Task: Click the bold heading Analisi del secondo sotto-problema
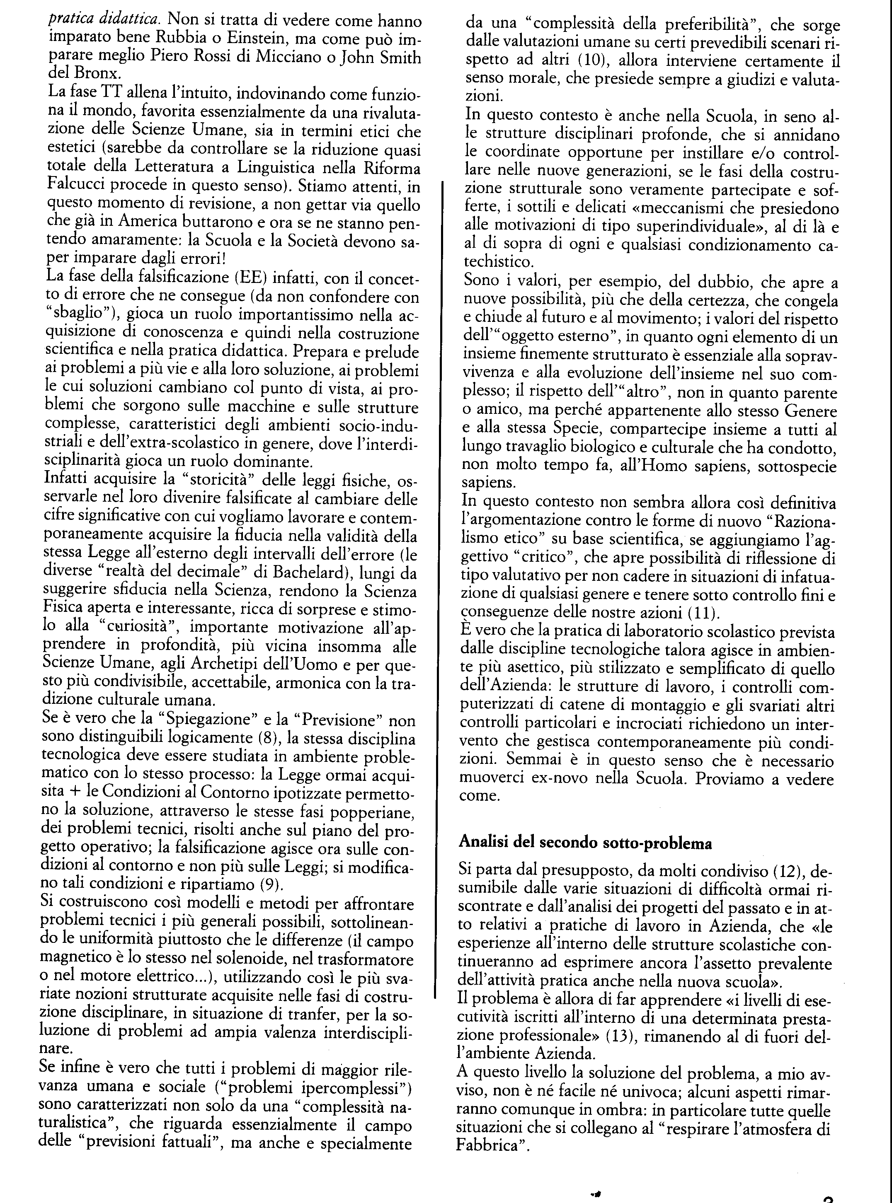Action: [x=585, y=843]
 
